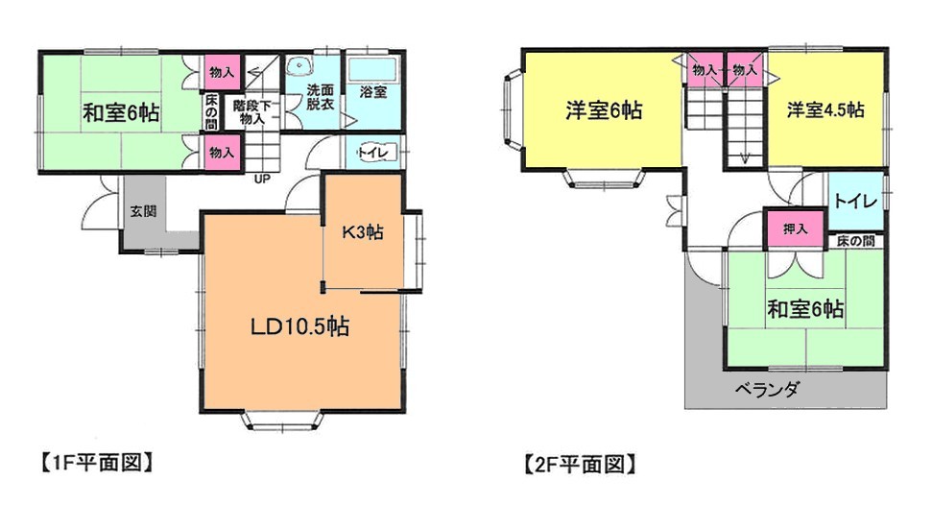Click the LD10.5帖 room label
pos(300,326)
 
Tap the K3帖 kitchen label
pos(362,232)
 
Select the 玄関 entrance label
pos(143,211)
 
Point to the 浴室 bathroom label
pos(374,92)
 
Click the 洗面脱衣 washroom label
pos(320,97)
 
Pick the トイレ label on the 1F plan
pos(374,153)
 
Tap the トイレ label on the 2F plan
pos(855,201)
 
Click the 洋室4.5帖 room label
pos(825,110)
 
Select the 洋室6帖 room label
pos(604,110)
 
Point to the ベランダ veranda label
pos(767,390)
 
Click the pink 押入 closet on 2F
pos(795,228)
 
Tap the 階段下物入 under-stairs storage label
pos(252,111)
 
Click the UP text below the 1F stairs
pos(262,179)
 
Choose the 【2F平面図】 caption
pos(580,464)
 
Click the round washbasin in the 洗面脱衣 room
pos(298,65)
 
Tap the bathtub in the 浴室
pos(372,70)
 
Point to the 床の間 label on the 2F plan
pos(855,241)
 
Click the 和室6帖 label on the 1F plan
pos(121,113)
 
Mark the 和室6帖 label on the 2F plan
pos(805,309)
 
